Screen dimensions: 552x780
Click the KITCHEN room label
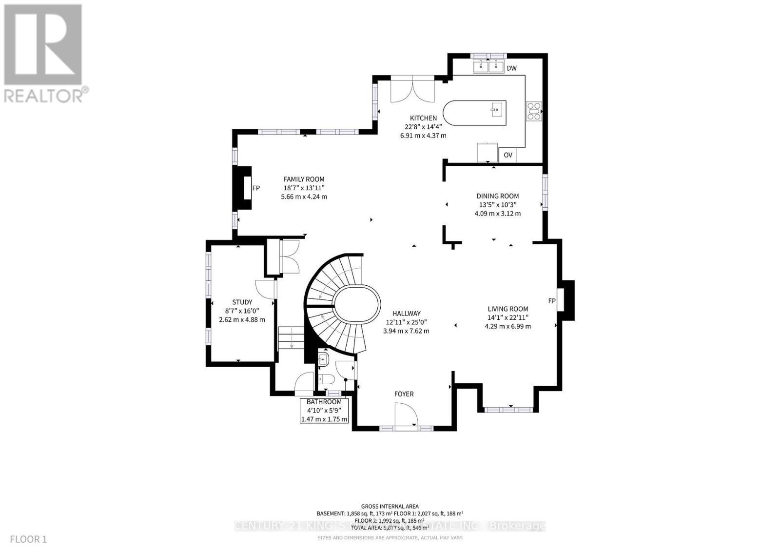click(x=423, y=118)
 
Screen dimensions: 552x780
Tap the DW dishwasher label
click(x=511, y=68)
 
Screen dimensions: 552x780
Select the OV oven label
click(x=508, y=155)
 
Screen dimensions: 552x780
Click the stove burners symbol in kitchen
click(x=533, y=111)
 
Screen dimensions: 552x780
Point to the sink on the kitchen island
click(x=496, y=109)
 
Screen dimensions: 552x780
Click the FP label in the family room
click(x=256, y=188)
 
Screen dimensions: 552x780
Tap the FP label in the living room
click(x=552, y=301)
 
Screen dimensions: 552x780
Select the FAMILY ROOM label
click(x=304, y=179)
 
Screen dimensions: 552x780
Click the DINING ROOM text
click(x=497, y=196)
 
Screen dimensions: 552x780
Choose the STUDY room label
click(x=242, y=302)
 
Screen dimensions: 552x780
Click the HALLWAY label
click(x=406, y=314)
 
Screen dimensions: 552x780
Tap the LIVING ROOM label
click(x=507, y=309)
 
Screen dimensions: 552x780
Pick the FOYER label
click(x=404, y=394)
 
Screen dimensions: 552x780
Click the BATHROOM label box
click(x=324, y=411)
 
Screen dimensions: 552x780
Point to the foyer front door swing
click(x=406, y=417)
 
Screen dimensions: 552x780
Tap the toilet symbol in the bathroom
click(x=326, y=379)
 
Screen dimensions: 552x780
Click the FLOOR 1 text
click(x=28, y=539)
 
